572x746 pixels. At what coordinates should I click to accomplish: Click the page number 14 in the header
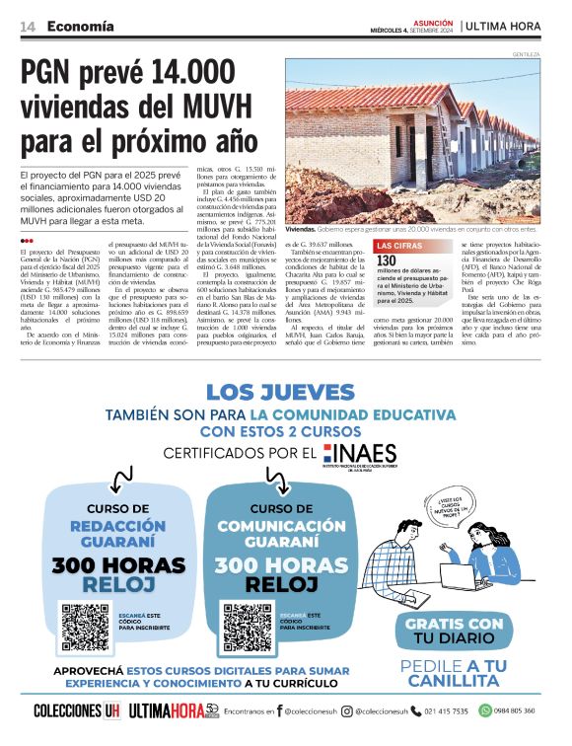point(28,27)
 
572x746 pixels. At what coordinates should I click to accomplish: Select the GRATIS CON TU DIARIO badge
point(455,631)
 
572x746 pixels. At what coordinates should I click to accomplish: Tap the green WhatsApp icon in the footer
point(485,711)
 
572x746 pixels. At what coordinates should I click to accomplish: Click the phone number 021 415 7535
point(446,711)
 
